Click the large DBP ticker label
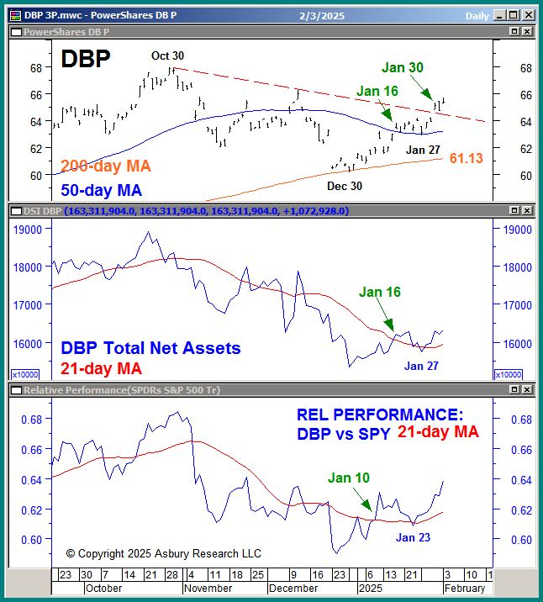tap(87, 59)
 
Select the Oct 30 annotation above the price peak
tap(167, 56)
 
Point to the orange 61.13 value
tap(466, 158)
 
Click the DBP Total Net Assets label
tap(150, 348)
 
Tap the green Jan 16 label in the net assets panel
tap(380, 293)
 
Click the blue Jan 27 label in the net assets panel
tap(422, 366)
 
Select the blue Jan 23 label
tap(414, 537)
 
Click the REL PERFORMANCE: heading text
tap(380, 415)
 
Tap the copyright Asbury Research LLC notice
tap(164, 553)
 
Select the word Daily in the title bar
tap(477, 15)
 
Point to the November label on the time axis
tap(207, 589)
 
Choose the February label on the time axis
tap(464, 589)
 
